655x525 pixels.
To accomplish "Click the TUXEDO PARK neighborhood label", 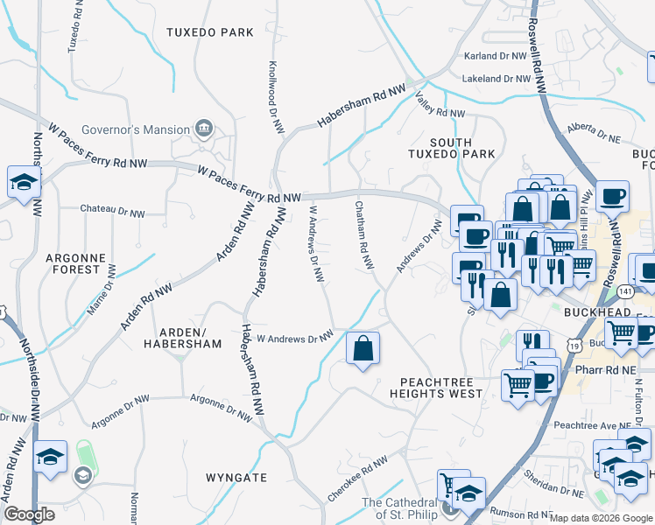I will (210, 32).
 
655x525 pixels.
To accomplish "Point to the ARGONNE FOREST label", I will (75, 263).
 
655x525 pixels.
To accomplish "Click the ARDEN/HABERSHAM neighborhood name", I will (183, 339).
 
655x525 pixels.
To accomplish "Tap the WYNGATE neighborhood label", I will (236, 478).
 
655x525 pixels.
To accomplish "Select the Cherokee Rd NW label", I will (356, 476).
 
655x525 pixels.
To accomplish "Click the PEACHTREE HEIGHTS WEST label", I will (441, 388).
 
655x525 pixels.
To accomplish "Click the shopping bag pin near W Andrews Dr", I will (363, 348).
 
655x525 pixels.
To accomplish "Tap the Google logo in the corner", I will (29, 514).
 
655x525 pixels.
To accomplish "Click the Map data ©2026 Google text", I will (601, 518).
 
